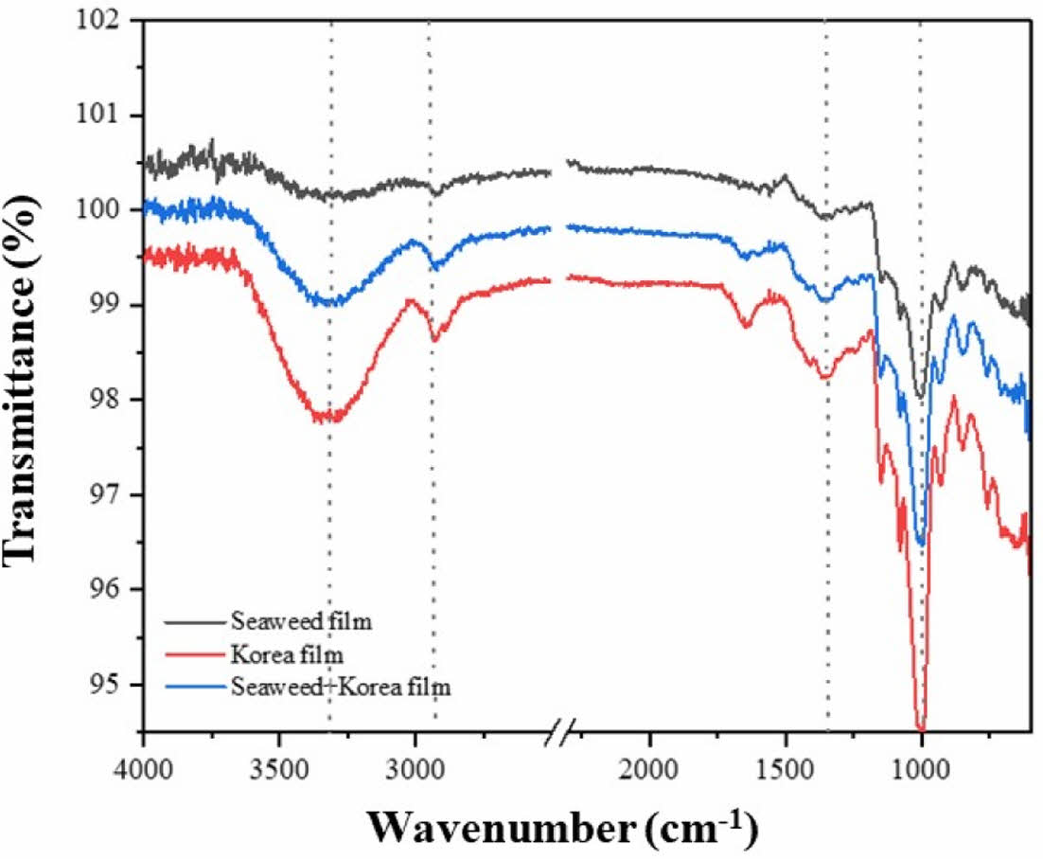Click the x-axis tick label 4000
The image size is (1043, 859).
(143, 763)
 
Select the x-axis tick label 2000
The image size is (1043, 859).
(649, 763)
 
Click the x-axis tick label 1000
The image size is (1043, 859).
(920, 763)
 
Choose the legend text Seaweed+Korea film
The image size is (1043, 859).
(340, 688)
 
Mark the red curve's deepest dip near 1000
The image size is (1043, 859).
(921, 725)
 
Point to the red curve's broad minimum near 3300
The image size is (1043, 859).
(327, 417)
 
